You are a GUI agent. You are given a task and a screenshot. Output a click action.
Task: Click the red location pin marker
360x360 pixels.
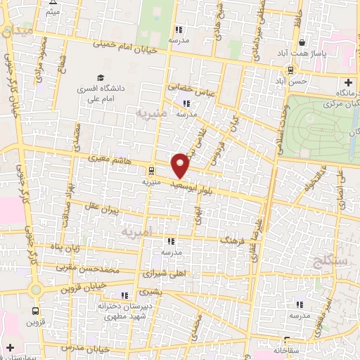coord(181,165)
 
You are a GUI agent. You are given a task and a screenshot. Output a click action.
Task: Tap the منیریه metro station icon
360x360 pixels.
coord(151,169)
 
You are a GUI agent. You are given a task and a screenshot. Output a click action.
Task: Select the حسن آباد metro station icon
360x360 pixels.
coord(289,70)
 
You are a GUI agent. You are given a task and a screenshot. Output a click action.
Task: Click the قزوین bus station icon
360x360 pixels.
coord(34,310)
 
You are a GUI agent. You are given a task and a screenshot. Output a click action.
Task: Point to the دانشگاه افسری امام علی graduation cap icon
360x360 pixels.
coord(101,77)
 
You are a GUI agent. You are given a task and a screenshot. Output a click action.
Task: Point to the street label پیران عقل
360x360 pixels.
coord(98,208)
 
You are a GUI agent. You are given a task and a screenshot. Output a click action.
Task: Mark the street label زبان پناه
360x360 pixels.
coord(62,247)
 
